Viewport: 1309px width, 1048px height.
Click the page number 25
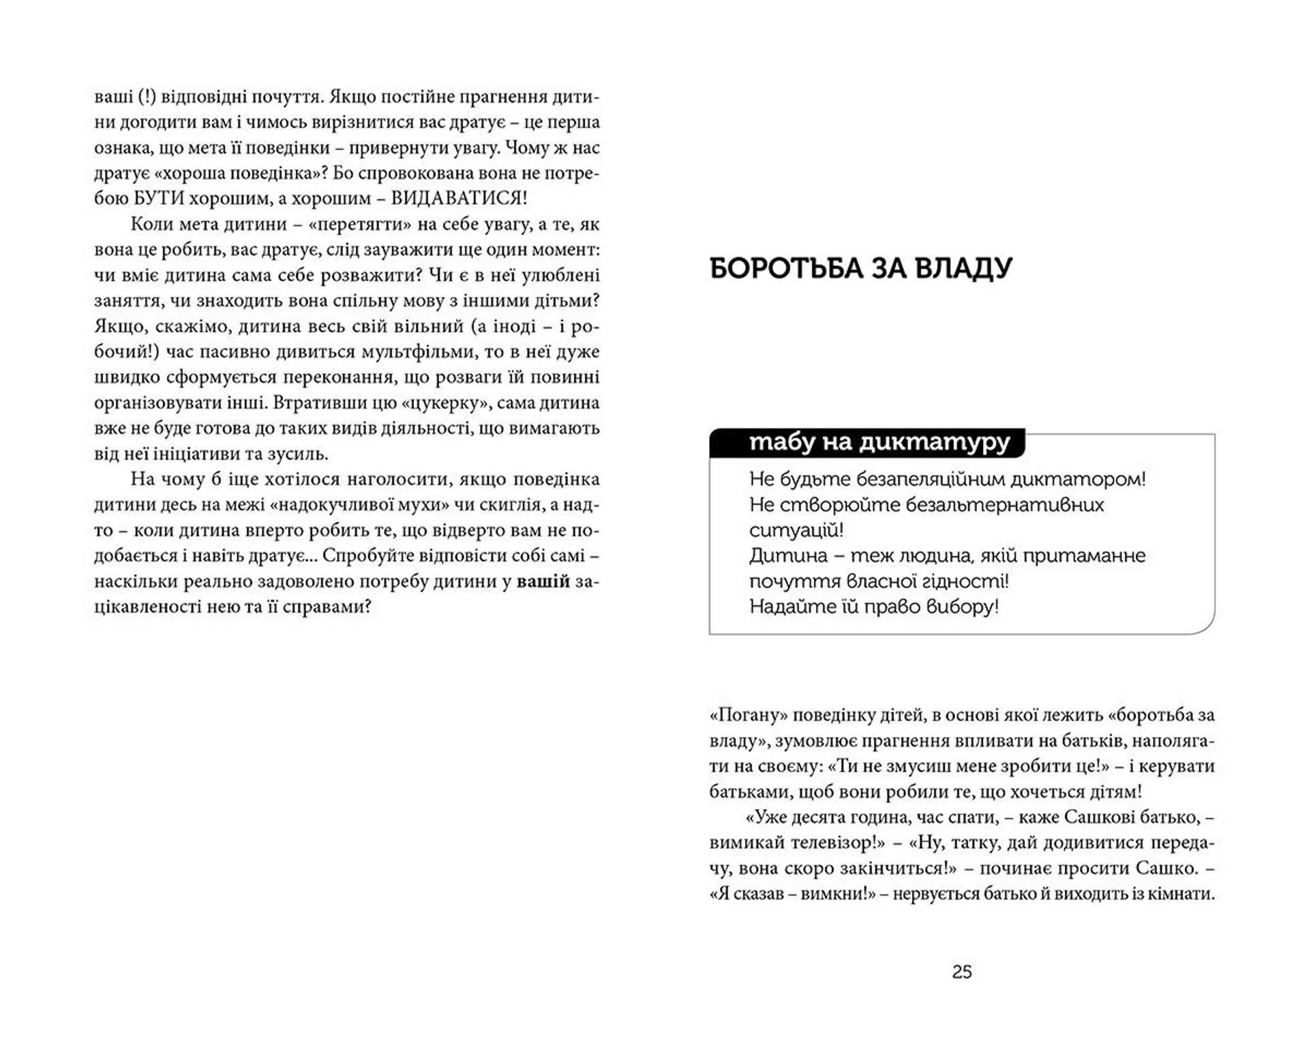[x=961, y=972]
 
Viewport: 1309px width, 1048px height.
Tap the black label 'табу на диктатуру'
[x=879, y=443]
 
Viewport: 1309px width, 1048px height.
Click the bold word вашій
[x=543, y=581]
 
